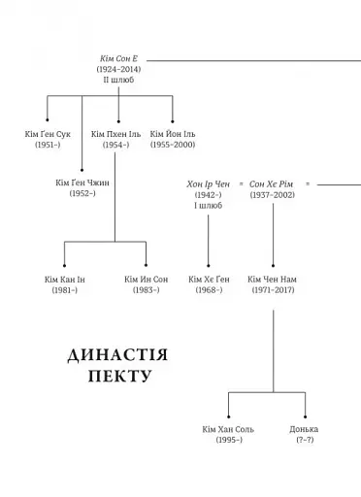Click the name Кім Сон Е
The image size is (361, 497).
pyautogui.click(x=119, y=60)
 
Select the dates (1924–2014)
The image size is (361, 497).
pyautogui.click(x=119, y=71)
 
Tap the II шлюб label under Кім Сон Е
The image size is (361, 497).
pyautogui.click(x=119, y=81)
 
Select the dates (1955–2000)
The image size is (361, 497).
pyautogui.click(x=173, y=145)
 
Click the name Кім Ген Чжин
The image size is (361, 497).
pyautogui.click(x=82, y=182)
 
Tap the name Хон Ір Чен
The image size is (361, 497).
pyautogui.click(x=208, y=183)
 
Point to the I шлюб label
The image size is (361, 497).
pyautogui.click(x=208, y=205)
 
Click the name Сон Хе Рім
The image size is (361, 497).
pyautogui.click(x=273, y=183)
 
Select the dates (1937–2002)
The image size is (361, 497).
pyautogui.click(x=273, y=194)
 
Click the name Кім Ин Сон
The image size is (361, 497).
pyautogui.click(x=146, y=280)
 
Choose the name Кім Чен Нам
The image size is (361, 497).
pyautogui.click(x=273, y=280)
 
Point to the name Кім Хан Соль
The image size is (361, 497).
pyautogui.click(x=229, y=429)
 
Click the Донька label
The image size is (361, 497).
pyautogui.click(x=304, y=429)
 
